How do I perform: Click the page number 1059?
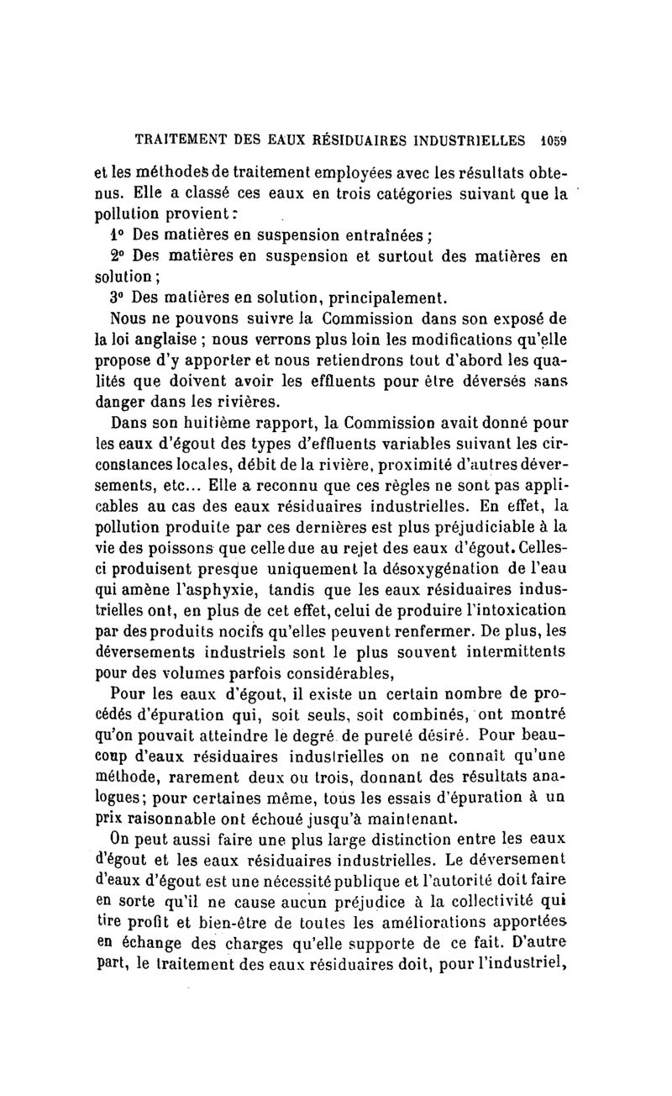click(x=554, y=140)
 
